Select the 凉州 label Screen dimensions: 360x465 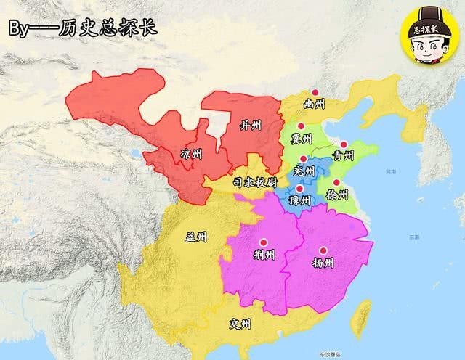tap(192, 154)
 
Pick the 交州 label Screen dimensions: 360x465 tap(239, 323)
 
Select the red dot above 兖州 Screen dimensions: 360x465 tap(303, 159)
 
